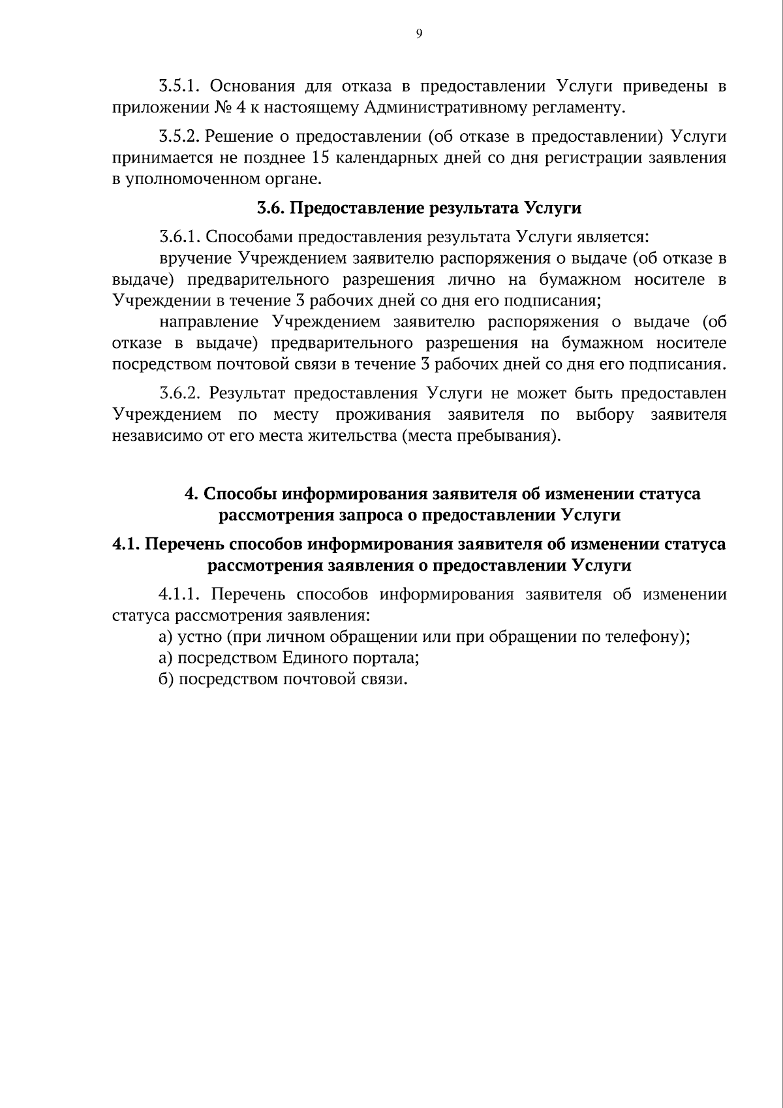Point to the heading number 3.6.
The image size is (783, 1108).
268,208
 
